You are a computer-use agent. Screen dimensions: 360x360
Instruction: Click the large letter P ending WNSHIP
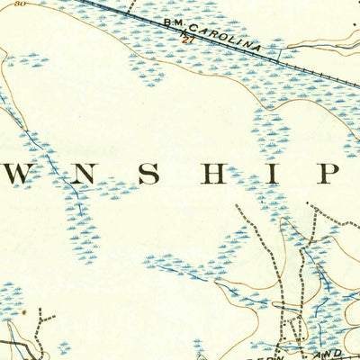[x=328, y=173]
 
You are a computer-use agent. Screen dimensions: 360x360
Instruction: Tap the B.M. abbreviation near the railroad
[x=174, y=21]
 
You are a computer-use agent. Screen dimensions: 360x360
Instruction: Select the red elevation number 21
[x=187, y=41]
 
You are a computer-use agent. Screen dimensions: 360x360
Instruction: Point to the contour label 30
[x=19, y=4]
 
